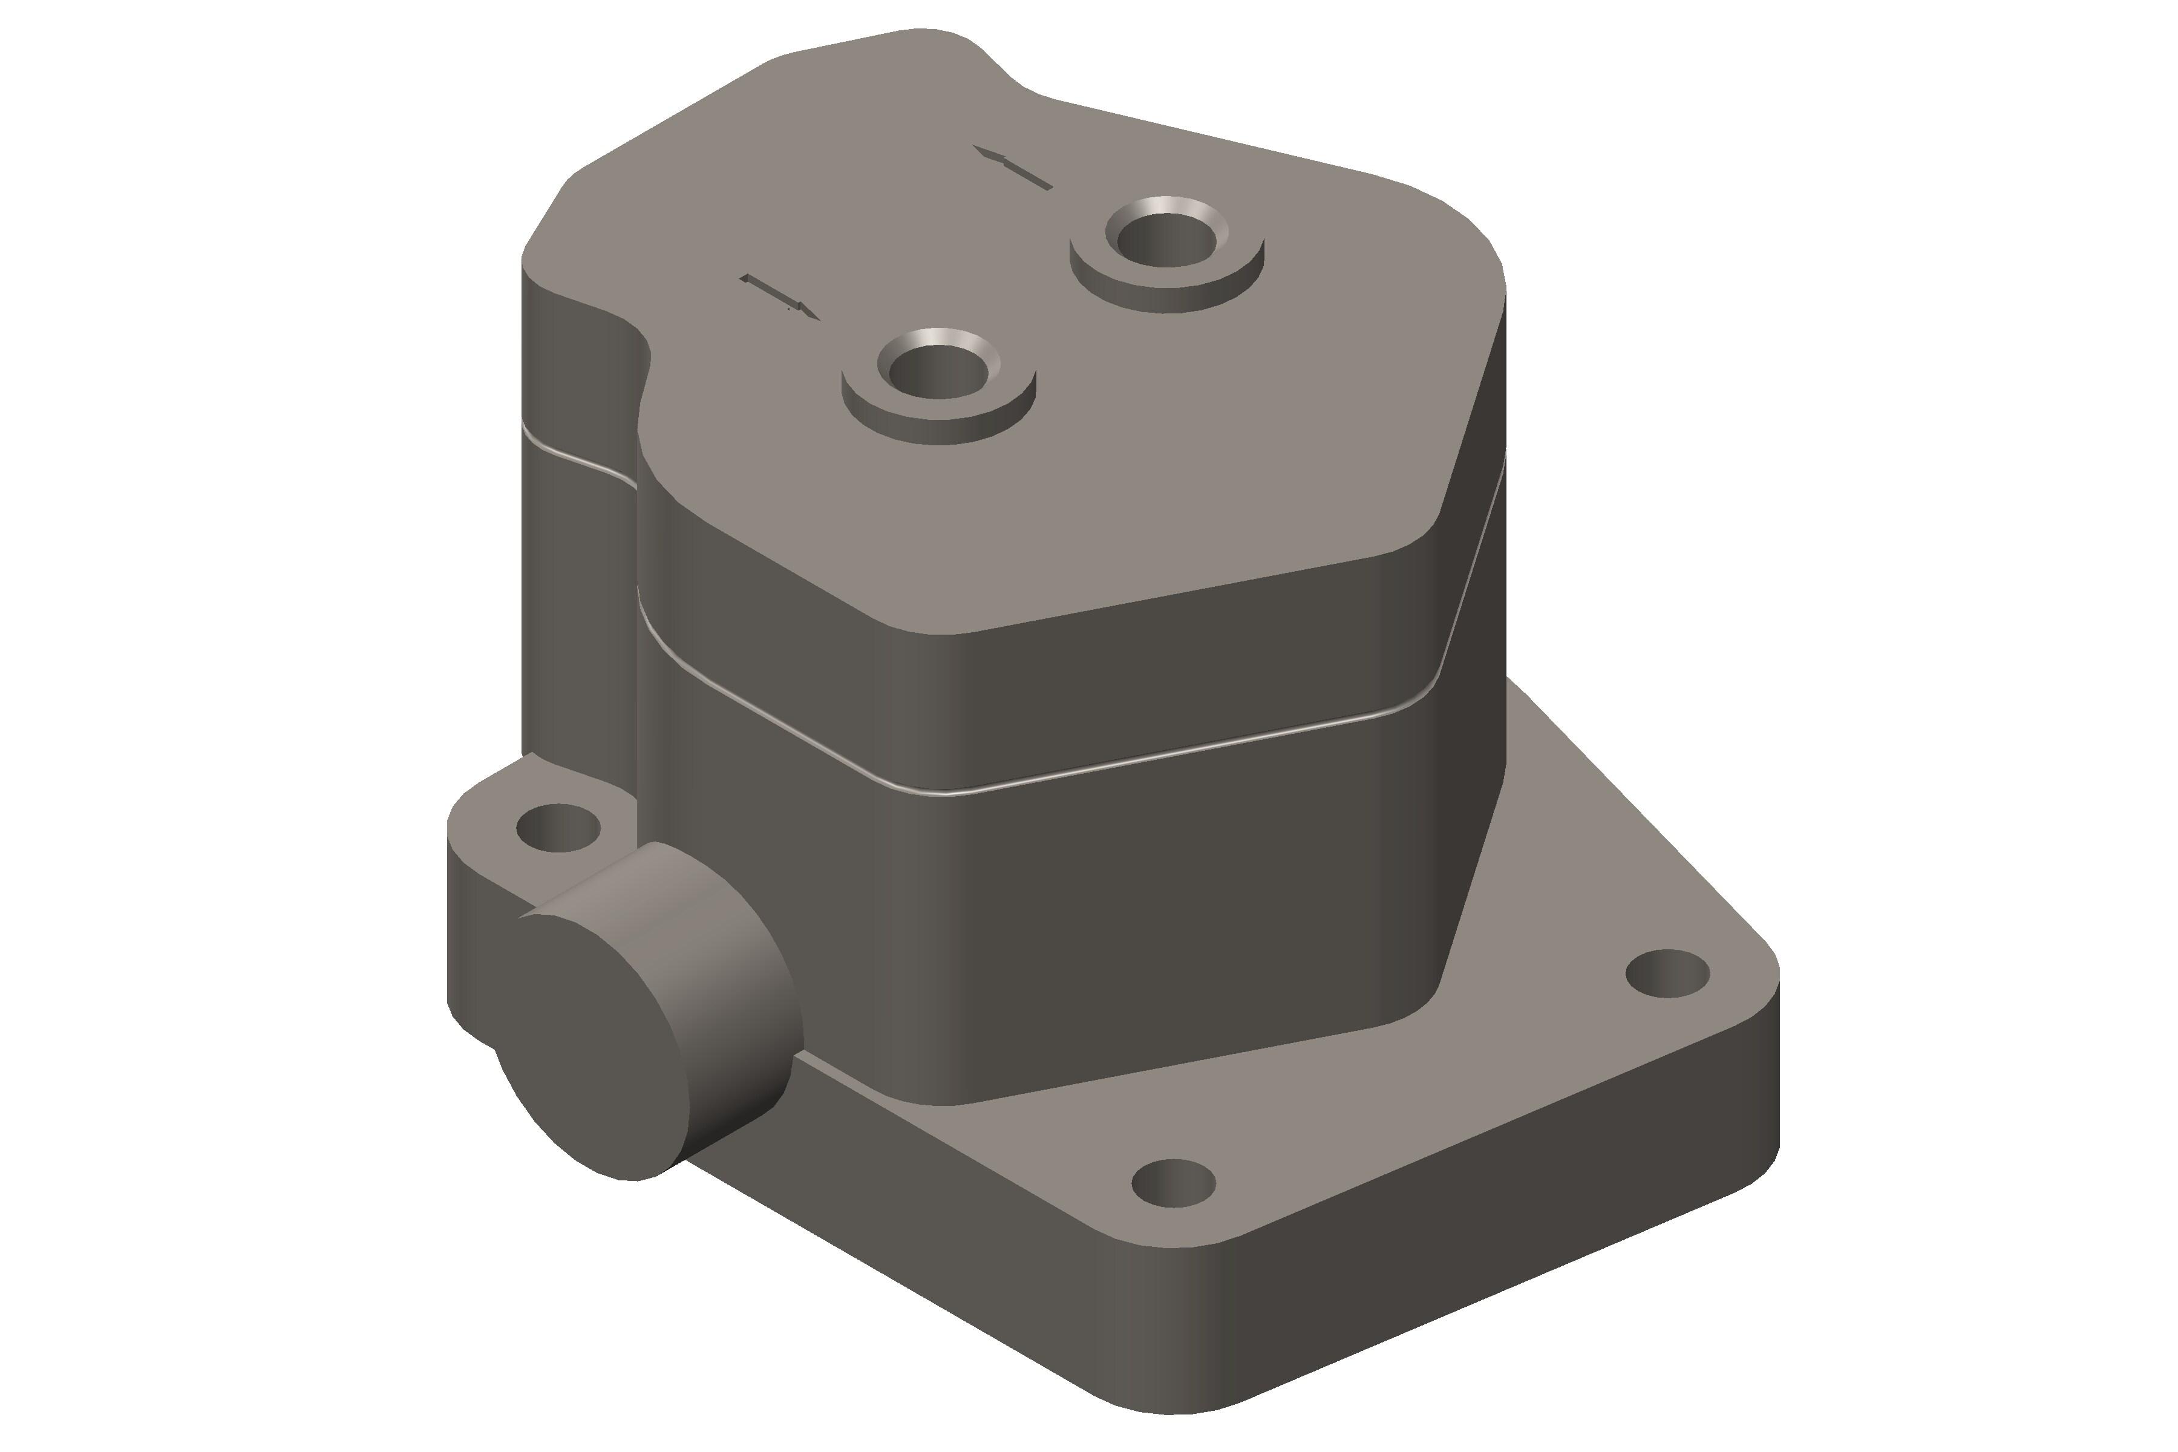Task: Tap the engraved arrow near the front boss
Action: [x=780, y=296]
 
